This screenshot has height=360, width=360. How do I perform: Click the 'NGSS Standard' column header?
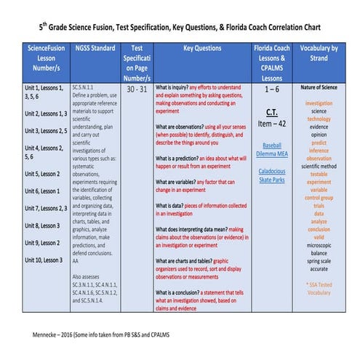point(95,48)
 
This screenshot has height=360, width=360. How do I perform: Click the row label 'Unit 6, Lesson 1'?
point(37,191)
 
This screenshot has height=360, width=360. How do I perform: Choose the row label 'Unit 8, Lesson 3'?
point(37,225)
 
